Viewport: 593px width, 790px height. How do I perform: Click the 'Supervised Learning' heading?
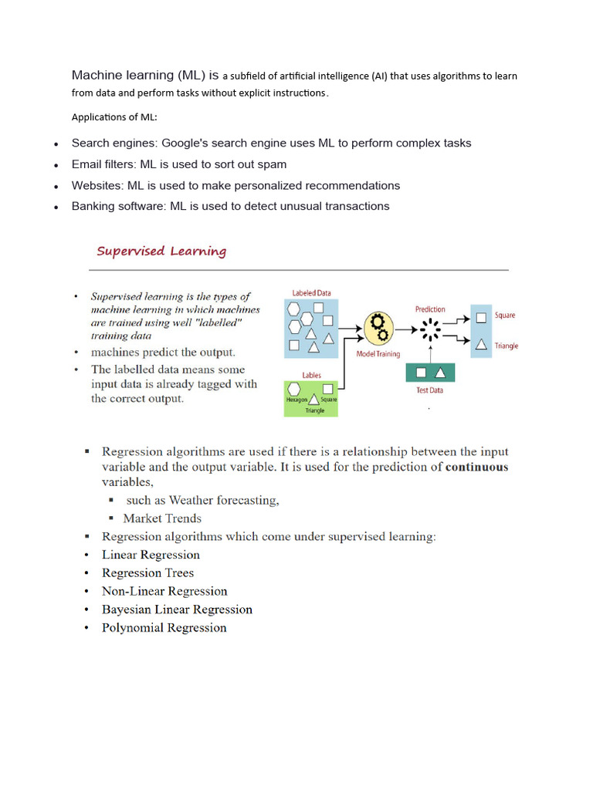pyautogui.click(x=161, y=252)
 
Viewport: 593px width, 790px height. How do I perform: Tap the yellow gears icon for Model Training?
pyautogui.click(x=378, y=329)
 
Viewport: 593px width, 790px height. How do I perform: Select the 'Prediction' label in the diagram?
pyautogui.click(x=430, y=309)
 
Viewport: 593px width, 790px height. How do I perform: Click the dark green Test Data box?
pyautogui.click(x=430, y=373)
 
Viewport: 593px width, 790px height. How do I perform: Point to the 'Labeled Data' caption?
pyautogui.click(x=311, y=293)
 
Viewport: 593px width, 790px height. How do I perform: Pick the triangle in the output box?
pyautogui.click(x=481, y=344)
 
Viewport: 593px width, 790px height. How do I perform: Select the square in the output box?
pyautogui.click(x=481, y=316)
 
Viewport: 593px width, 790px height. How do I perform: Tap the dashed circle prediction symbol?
pyautogui.click(x=430, y=329)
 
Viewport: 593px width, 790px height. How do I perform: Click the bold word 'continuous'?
pyautogui.click(x=477, y=467)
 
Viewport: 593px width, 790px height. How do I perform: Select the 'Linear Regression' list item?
pyautogui.click(x=151, y=555)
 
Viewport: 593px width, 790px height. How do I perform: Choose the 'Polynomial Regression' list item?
pyautogui.click(x=164, y=628)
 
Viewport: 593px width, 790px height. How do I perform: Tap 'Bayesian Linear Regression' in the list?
pyautogui.click(x=177, y=609)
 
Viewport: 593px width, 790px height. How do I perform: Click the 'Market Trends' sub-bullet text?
pyautogui.click(x=162, y=518)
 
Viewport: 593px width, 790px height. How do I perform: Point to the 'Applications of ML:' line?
pyautogui.click(x=114, y=117)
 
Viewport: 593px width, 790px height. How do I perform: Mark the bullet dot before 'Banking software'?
pyautogui.click(x=56, y=208)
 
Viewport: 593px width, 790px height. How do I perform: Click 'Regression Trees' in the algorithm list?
pyautogui.click(x=147, y=573)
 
